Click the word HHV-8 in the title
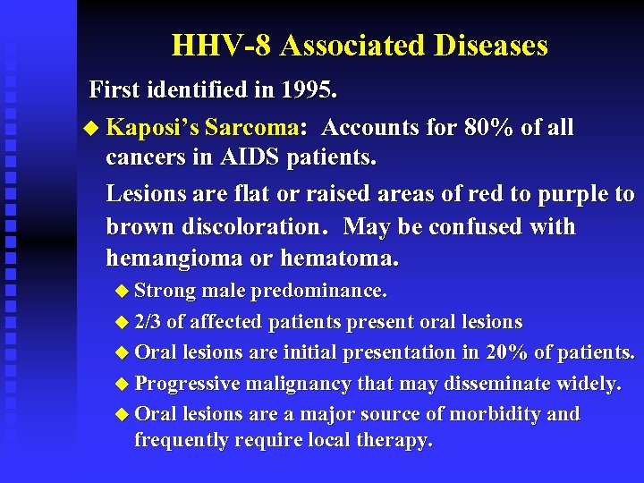click(x=211, y=45)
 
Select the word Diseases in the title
click(x=491, y=45)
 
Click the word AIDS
click(x=250, y=160)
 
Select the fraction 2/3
click(x=148, y=322)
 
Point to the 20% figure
click(x=506, y=352)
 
